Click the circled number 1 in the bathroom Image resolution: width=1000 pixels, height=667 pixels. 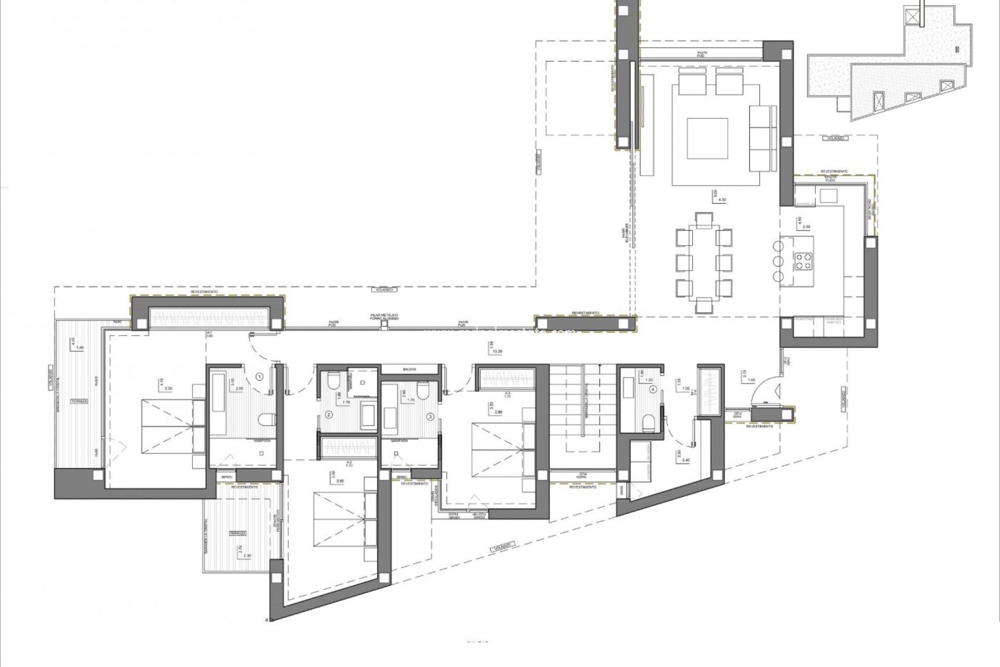259,375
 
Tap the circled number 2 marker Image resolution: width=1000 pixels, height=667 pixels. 329,415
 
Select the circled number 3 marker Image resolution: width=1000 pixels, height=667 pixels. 430,416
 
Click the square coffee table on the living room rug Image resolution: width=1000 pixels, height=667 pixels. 707,138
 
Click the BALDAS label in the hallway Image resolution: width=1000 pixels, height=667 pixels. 409,369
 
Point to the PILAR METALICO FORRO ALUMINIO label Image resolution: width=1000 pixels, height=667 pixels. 384,317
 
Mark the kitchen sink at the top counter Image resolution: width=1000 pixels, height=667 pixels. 828,196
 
